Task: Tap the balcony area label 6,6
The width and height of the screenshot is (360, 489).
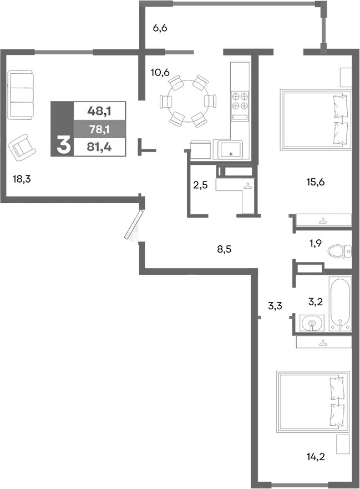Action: pos(160,28)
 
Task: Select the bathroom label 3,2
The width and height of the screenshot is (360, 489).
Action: pos(315,302)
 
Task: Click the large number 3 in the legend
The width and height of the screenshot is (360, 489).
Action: pos(63,145)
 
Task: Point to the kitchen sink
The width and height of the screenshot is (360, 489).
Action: pos(230,149)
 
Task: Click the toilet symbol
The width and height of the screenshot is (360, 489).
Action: pos(339,251)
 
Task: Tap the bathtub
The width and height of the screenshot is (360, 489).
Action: pos(339,304)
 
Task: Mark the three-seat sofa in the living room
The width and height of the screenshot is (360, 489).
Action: pos(21,94)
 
